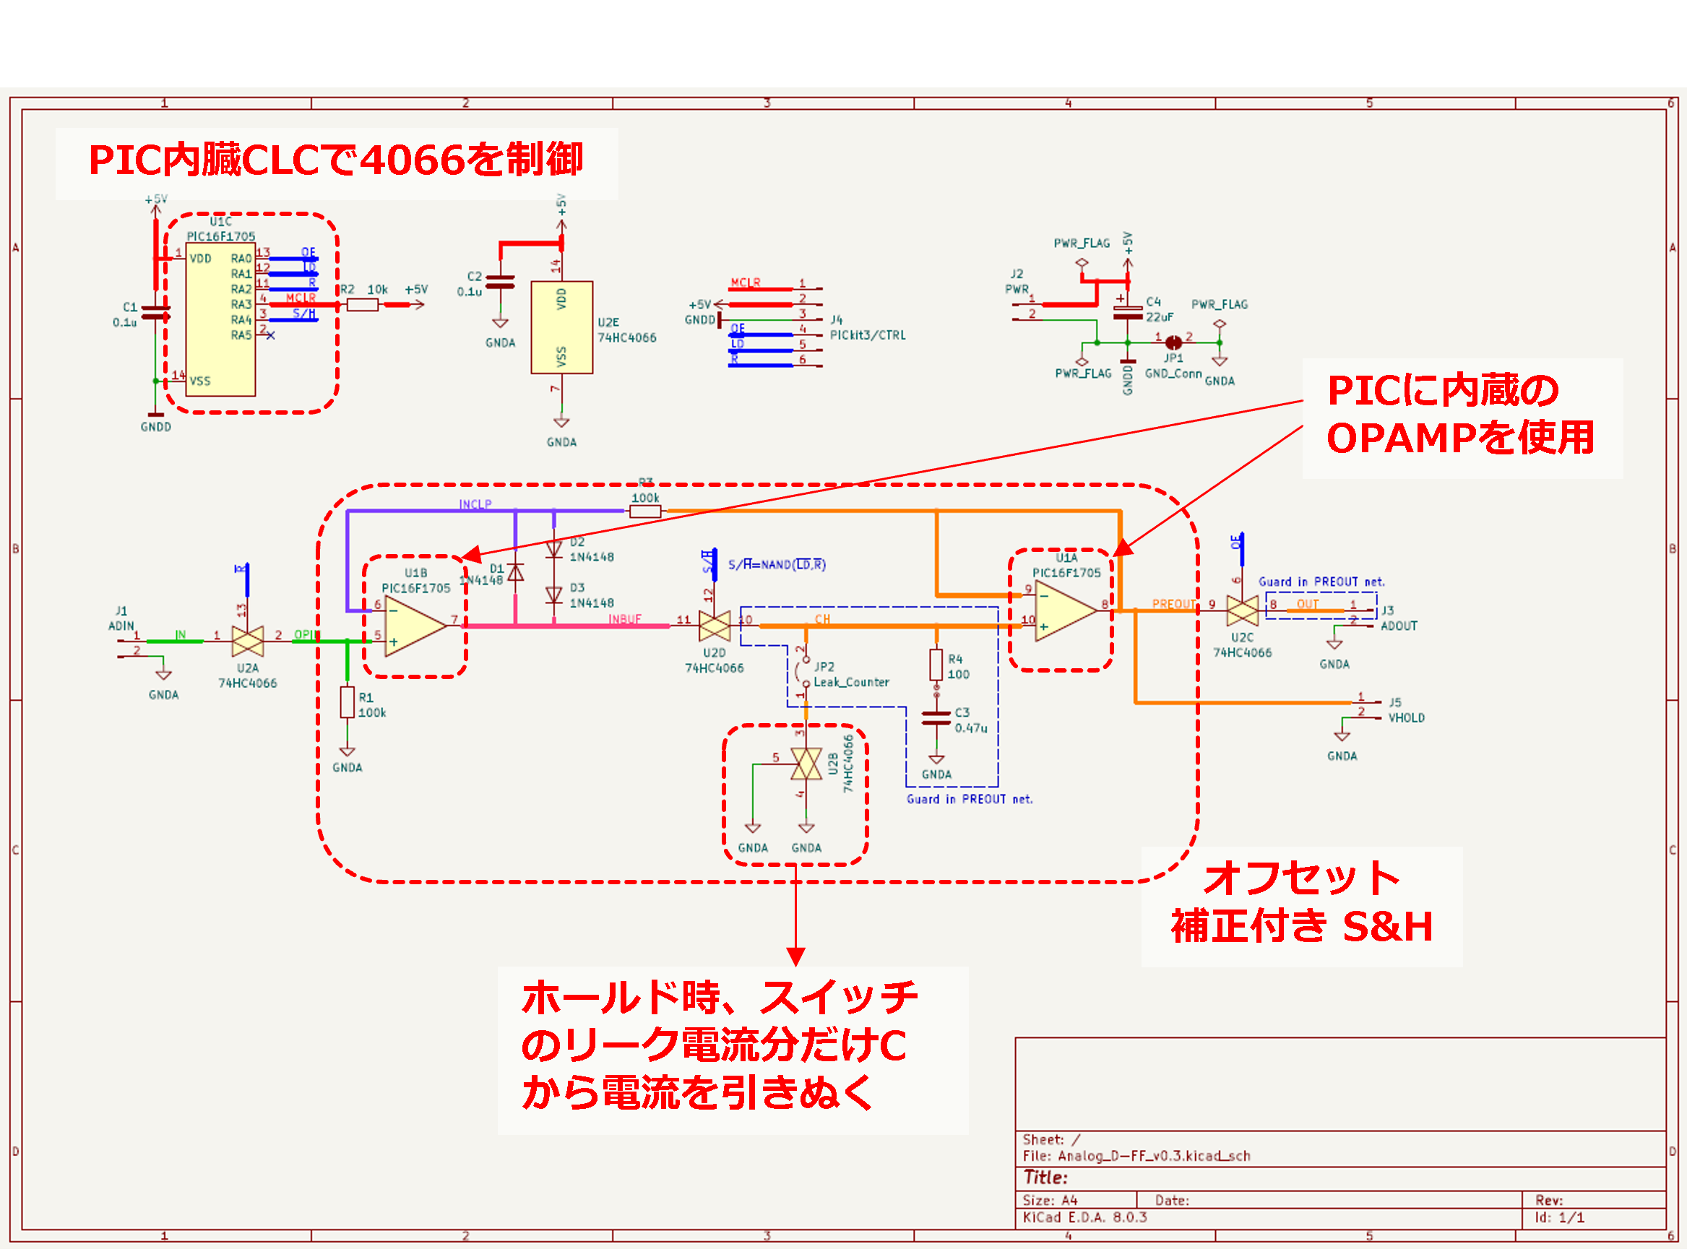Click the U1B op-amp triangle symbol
click(x=414, y=626)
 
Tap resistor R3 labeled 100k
click(x=644, y=511)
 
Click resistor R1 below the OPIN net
click(x=347, y=702)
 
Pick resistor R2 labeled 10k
click(x=362, y=304)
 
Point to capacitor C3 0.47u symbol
click(x=936, y=718)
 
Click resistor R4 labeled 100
click(x=936, y=665)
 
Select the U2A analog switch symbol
click(x=247, y=642)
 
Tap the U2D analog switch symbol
click(x=714, y=626)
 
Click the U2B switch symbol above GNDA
click(x=806, y=763)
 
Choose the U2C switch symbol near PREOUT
click(x=1242, y=610)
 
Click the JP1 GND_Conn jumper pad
click(x=1173, y=342)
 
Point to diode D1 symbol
click(x=515, y=572)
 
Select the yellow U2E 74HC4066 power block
click(x=561, y=327)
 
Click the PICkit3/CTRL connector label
click(x=868, y=335)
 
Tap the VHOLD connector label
click(x=1406, y=717)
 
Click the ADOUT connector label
click(x=1399, y=626)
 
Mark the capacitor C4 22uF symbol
click(x=1127, y=311)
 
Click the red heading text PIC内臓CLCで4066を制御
click(x=335, y=160)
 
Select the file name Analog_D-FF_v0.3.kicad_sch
click(x=1154, y=1156)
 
